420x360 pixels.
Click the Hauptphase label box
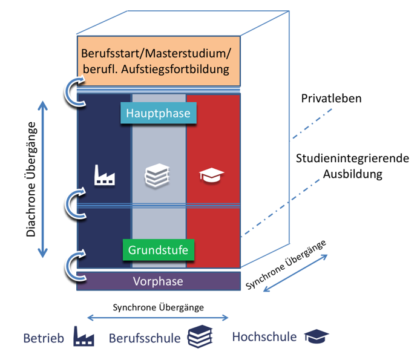coord(159,113)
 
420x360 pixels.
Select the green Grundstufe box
coord(159,249)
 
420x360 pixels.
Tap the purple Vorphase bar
coord(158,281)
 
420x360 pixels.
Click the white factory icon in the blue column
coord(105,175)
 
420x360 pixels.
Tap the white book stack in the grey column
coord(158,176)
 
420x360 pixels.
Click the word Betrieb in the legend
coord(44,338)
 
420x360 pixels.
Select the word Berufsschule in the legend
coord(145,338)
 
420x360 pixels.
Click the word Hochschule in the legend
coord(264,337)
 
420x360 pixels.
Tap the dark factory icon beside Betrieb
coord(84,336)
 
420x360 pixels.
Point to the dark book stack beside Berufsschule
coord(200,337)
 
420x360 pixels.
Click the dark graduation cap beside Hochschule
coord(316,337)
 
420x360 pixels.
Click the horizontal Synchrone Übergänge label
coord(158,307)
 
